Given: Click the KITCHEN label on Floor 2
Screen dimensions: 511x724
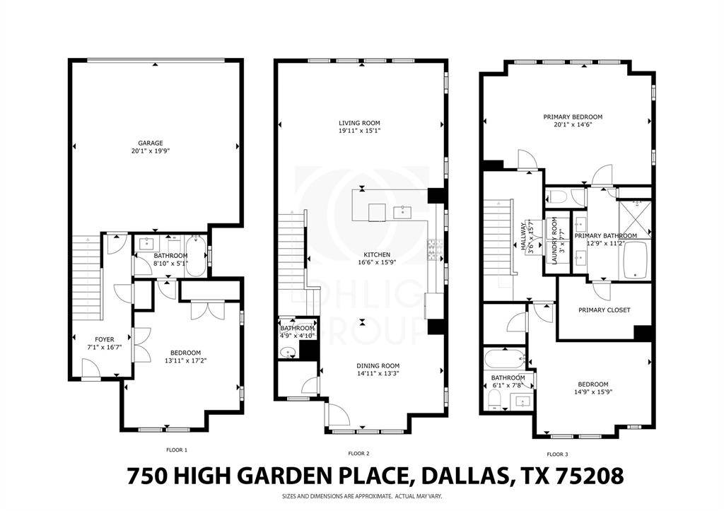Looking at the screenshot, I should click(x=377, y=254).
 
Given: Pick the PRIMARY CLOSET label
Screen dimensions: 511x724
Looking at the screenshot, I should click(x=604, y=310).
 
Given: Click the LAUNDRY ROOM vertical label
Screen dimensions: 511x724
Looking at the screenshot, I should click(x=555, y=240).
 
